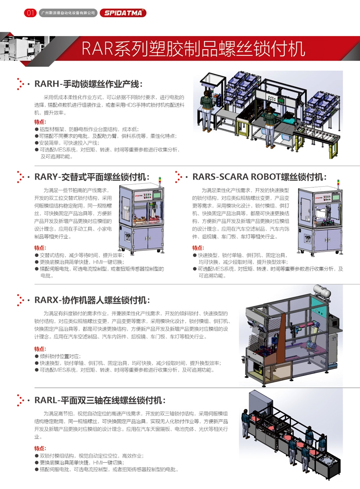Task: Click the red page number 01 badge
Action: tap(30, 13)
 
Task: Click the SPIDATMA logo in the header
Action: tap(123, 13)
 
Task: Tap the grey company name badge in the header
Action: tap(68, 13)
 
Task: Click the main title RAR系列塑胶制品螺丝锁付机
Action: tap(193, 49)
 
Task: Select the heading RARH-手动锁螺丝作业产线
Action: tap(88, 84)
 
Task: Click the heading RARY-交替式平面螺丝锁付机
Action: tap(92, 177)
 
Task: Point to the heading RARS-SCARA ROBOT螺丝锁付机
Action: tap(259, 177)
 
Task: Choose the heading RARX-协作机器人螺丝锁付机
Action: tap(92, 300)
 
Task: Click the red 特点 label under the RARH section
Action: tap(40, 122)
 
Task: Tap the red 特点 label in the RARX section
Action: tap(40, 349)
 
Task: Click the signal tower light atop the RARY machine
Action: tap(160, 182)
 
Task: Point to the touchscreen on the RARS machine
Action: tap(336, 197)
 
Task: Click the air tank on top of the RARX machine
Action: tap(322, 291)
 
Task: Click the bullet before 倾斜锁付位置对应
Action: tap(36, 356)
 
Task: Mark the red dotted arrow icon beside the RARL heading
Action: tap(21, 400)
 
